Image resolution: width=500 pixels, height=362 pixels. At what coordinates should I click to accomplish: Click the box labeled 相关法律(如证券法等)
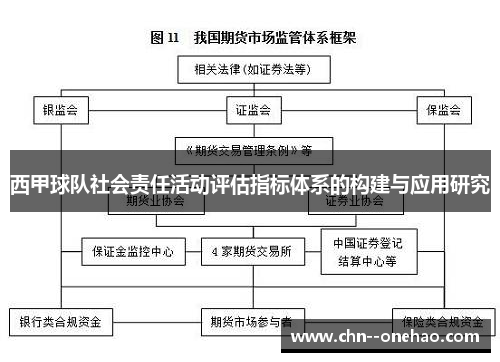tap(246, 70)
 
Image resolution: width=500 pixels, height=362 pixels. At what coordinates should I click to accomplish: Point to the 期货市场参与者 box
tap(251, 322)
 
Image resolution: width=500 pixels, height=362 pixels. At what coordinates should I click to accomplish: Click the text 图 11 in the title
tap(164, 39)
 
